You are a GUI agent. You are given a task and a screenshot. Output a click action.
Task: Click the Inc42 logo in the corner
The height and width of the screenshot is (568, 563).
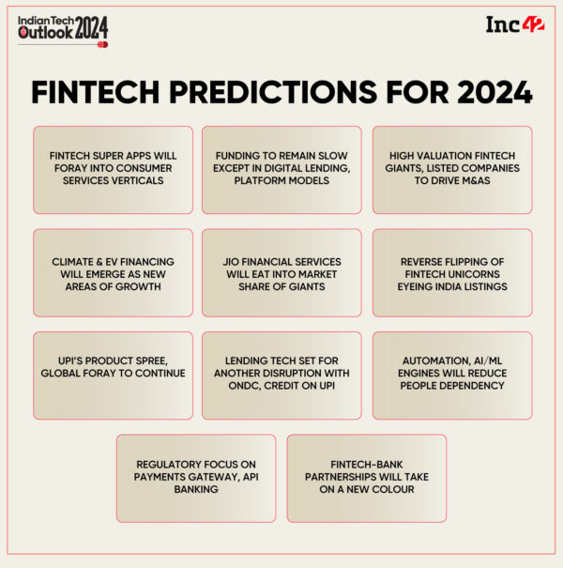click(x=510, y=24)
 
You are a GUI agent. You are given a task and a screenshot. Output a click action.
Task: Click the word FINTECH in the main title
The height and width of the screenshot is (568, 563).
click(x=101, y=92)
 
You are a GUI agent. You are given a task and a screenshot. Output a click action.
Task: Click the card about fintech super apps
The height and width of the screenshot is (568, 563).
click(x=113, y=170)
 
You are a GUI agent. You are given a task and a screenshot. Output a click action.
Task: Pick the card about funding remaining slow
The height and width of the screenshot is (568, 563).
click(x=281, y=170)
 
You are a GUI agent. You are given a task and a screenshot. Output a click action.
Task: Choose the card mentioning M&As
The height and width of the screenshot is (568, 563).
click(x=451, y=170)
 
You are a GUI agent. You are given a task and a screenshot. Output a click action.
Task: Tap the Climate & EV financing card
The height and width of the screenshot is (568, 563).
click(x=113, y=272)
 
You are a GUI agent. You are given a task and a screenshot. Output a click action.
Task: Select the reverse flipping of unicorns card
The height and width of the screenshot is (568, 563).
click(x=451, y=272)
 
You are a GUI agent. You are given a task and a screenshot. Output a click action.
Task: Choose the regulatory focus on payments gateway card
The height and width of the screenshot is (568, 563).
click(x=196, y=477)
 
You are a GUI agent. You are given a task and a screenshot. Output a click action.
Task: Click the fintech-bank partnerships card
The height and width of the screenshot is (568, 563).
click(x=366, y=477)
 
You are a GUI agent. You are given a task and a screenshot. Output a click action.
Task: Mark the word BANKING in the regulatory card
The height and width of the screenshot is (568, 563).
click(x=196, y=489)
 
